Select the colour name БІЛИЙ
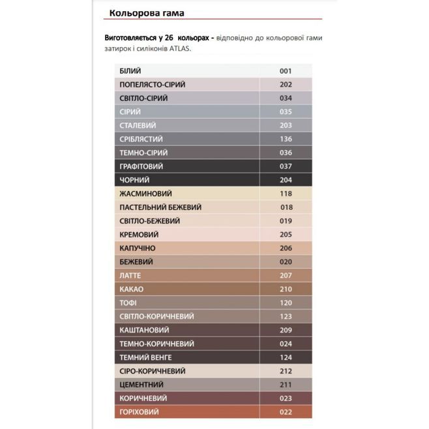(131, 70)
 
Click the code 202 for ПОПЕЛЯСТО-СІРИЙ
(285, 84)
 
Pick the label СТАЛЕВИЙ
(138, 125)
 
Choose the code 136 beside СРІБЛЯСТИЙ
(285, 139)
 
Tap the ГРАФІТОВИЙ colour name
(141, 166)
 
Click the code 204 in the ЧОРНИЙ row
(285, 180)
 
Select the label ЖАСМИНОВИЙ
(146, 194)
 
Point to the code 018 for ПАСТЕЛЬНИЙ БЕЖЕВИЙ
(286, 207)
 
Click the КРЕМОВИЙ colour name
(139, 235)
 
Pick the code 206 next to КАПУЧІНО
(285, 248)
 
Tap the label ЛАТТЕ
(130, 276)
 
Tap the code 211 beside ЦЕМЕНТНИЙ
(285, 385)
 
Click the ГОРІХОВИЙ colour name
(140, 412)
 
